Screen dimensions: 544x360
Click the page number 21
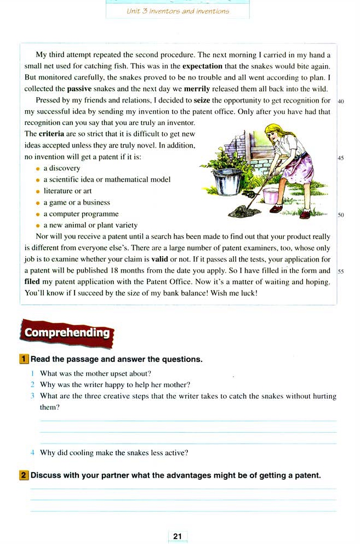pos(177,536)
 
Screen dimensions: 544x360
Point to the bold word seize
pos(202,100)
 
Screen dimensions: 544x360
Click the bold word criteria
pos(52,134)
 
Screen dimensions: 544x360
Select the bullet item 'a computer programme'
pos(81,214)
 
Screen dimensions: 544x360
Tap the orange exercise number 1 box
pos(24,359)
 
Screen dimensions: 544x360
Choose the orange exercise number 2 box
pos(24,475)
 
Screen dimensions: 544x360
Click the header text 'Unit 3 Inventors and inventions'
pos(177,10)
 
